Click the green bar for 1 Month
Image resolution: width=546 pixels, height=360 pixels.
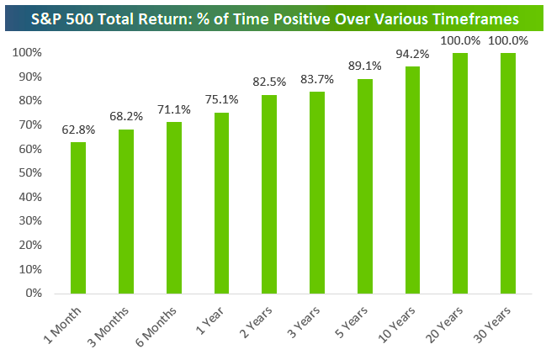(x=77, y=218)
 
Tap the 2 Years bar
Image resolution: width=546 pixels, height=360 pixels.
(x=269, y=194)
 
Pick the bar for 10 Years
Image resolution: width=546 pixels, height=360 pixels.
(x=412, y=180)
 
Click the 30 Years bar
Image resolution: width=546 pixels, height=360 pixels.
(x=507, y=173)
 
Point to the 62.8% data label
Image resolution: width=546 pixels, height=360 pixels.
(x=77, y=130)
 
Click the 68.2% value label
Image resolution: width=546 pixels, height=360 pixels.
(x=125, y=117)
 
